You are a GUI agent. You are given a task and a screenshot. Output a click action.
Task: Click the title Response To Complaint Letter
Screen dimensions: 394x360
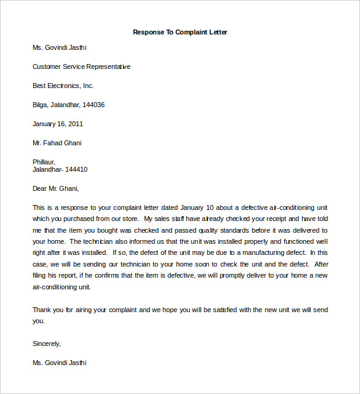[180, 32]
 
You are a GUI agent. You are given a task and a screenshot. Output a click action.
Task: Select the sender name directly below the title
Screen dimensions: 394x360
[60, 47]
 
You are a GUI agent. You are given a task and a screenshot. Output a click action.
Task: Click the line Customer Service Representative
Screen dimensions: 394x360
[81, 66]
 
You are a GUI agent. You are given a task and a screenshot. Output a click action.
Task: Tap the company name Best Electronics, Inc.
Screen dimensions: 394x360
[63, 86]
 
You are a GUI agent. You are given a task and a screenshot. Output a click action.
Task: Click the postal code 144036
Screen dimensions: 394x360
[92, 105]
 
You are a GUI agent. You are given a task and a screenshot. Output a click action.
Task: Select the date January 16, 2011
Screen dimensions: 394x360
[58, 124]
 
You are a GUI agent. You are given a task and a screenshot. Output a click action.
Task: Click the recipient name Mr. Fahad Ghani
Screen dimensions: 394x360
[57, 143]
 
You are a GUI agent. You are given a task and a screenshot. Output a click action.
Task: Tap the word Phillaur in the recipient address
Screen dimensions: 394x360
[44, 162]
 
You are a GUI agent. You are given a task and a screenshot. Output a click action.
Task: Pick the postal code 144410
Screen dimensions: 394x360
[76, 169]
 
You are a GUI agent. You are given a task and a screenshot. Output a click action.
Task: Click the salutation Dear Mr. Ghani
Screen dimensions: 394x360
[55, 188]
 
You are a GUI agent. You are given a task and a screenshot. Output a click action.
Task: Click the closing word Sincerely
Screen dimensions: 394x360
[47, 344]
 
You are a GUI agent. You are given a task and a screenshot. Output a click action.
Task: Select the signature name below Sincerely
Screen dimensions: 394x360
[60, 363]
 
